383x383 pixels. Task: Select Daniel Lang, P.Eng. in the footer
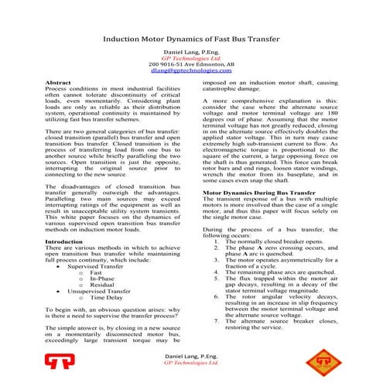[191, 357]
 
